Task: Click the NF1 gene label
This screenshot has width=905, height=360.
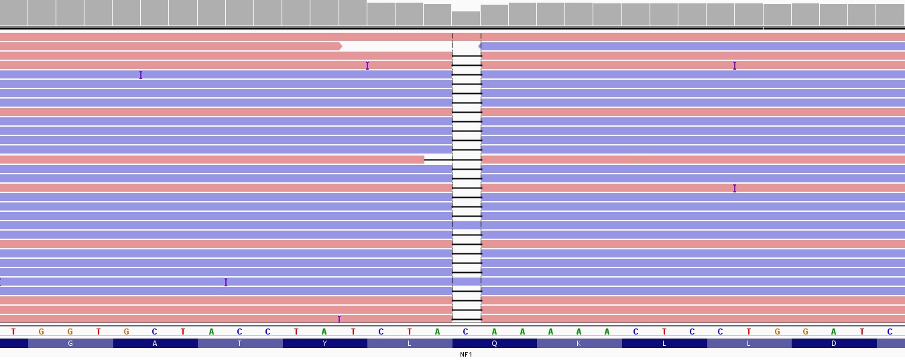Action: (466, 354)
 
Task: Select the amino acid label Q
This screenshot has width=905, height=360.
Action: (494, 343)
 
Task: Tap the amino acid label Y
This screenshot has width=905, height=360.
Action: (324, 343)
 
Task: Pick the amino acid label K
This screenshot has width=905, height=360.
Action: (579, 343)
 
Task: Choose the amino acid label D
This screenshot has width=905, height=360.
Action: (833, 343)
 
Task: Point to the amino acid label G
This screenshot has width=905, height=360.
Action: (70, 343)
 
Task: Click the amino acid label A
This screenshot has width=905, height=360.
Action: (155, 343)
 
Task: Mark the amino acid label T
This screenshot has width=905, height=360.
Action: (239, 343)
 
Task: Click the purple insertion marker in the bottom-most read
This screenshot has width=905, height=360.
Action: (339, 319)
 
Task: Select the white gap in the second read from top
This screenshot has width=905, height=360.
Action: (396, 46)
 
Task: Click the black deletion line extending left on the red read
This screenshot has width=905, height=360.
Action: (438, 160)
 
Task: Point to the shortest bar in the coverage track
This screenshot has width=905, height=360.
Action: (466, 18)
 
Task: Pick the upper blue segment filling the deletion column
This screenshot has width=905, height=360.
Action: (467, 225)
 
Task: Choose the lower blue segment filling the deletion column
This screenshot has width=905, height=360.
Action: (467, 282)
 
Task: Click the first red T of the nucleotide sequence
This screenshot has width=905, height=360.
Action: (13, 332)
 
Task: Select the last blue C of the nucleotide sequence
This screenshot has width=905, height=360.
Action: (890, 332)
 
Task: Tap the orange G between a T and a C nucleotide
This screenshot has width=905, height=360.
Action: (126, 332)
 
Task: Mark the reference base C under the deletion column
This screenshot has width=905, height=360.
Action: (466, 332)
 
